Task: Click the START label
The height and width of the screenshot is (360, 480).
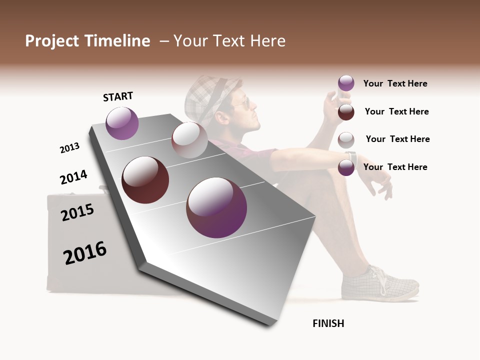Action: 118,96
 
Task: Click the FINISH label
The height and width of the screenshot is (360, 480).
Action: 328,323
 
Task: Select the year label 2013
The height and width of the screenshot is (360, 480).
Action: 69,148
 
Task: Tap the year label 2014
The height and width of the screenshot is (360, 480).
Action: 73,177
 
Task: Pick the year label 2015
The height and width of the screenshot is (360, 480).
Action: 77,212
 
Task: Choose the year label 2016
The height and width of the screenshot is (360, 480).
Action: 85,252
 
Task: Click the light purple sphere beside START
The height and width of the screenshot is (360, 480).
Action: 122,123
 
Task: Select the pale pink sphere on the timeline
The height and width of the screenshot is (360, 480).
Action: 189,140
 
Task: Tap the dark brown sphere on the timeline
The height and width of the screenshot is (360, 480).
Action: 145,180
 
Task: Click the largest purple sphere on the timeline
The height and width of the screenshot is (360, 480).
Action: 216,207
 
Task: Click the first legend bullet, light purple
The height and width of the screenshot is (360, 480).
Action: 346,83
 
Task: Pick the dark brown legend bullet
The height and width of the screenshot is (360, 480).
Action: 346,112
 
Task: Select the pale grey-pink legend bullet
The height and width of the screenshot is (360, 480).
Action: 346,139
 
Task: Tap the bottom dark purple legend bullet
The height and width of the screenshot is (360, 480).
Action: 346,167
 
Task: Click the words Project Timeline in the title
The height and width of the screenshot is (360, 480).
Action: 87,41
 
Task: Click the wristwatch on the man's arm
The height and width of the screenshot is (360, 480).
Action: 352,156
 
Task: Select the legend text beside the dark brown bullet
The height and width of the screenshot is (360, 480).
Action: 396,111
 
